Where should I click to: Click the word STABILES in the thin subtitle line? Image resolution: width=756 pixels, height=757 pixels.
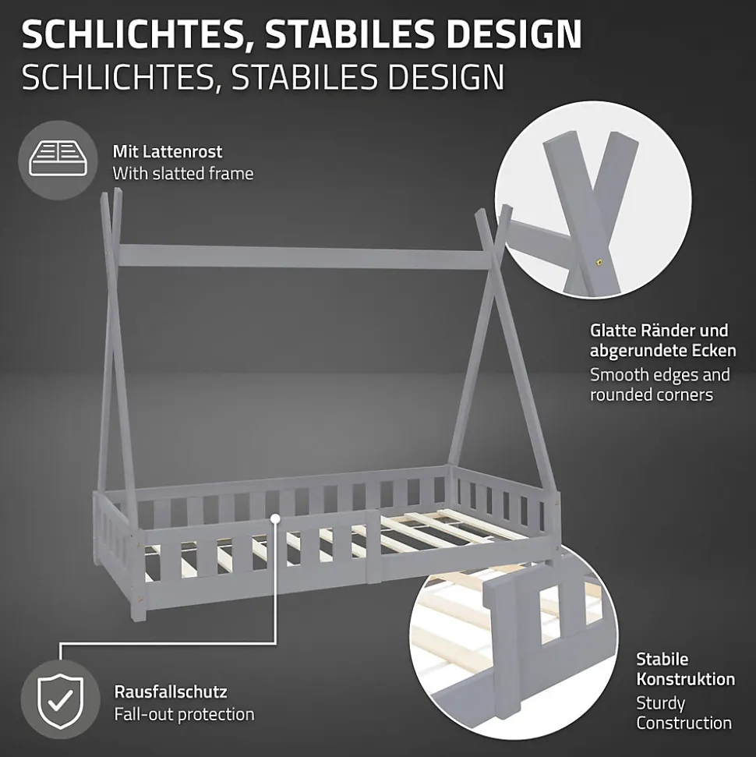304,76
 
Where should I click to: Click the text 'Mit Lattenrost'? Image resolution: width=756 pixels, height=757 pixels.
168,151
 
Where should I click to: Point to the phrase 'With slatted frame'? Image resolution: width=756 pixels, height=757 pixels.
183,173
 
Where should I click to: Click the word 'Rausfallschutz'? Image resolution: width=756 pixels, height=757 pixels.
171,692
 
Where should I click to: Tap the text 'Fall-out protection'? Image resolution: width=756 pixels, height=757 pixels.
184,714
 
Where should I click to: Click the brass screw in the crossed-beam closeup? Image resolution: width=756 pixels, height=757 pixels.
599,262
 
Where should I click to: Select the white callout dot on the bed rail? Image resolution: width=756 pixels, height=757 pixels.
276,518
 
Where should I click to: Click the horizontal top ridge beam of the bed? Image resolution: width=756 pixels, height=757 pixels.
299,256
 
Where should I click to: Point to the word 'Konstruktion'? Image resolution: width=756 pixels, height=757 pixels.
686,679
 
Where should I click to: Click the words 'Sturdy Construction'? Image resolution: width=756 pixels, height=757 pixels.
684,713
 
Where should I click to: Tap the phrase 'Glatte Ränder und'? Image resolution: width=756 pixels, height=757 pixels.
659,331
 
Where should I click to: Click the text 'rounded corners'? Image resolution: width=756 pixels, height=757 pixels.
652,394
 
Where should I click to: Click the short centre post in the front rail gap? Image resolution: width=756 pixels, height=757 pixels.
373,546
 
